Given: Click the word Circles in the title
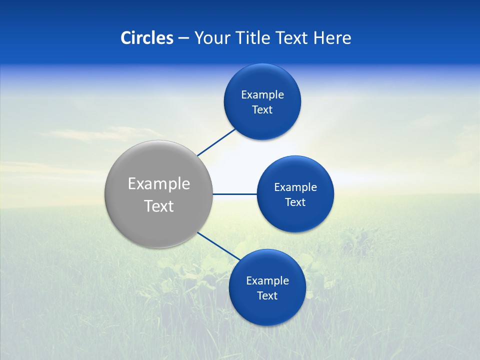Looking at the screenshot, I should point(147,38).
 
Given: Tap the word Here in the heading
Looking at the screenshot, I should point(332,38).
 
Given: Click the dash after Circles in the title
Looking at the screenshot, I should point(183,38).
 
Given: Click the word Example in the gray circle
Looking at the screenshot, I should point(159,184).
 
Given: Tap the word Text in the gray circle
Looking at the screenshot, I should point(159,206).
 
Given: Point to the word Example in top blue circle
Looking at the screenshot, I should point(262,95).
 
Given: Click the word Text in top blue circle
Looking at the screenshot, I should point(262,109).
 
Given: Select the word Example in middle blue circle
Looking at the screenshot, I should point(295,187).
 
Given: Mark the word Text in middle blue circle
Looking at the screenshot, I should point(295,202).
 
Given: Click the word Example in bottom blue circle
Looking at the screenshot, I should point(267,281).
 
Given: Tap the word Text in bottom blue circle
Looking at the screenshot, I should point(267,295).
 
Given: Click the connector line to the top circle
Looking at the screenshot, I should point(216,142).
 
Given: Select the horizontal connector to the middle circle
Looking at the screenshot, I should point(234,194).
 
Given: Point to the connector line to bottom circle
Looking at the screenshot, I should point(219,246).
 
